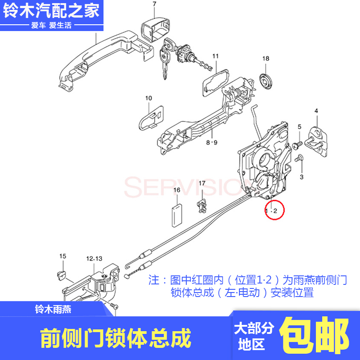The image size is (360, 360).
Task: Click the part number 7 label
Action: point(154,4)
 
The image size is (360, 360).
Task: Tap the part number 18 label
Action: point(265,59)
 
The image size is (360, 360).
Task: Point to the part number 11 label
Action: point(215,56)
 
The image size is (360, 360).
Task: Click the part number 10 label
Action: point(148,98)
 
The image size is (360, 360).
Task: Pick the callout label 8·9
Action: point(211,143)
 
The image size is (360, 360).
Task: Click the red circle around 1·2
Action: point(274,210)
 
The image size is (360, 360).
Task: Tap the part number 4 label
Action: point(316,111)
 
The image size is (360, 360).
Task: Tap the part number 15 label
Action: point(63,256)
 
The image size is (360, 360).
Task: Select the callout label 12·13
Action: point(94,258)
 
